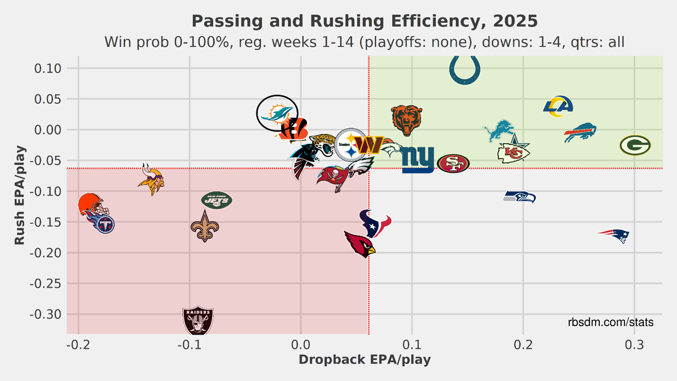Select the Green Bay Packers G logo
pos(635,145)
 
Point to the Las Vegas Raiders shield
pos(198,321)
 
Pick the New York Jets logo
pos(216,200)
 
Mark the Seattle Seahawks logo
pos(520,196)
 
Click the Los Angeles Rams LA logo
pos(558,106)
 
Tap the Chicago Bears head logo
pos(406,120)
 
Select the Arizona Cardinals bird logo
pos(360,244)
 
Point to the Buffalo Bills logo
pos(580,133)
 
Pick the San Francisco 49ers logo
pos(453,163)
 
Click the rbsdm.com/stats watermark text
pos(610,322)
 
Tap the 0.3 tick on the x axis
pos(635,345)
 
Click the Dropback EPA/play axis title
pos(365,360)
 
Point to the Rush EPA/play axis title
pos(20,195)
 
